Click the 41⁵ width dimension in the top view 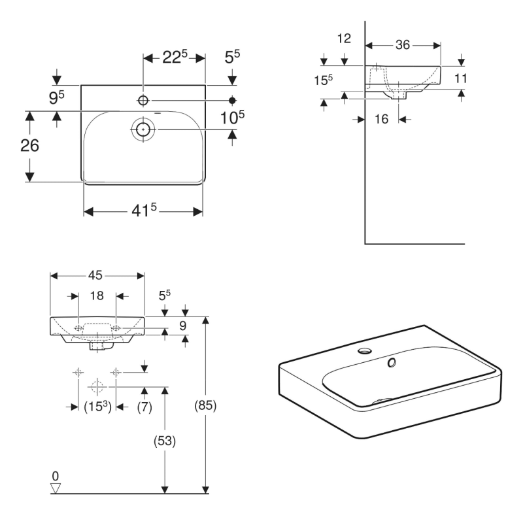click(x=143, y=211)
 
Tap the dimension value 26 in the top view click(x=29, y=145)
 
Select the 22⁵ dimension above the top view click(x=175, y=58)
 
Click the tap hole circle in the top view click(x=143, y=100)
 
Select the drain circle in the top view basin click(x=143, y=129)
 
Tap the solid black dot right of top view click(x=232, y=100)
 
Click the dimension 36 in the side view click(x=403, y=45)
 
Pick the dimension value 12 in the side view click(x=343, y=39)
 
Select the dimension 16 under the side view click(x=382, y=119)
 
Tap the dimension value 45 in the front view click(x=97, y=275)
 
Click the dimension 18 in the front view click(x=97, y=296)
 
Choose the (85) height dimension click(x=206, y=405)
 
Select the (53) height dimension click(x=165, y=441)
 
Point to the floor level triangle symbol click(x=56, y=488)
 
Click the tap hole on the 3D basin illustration click(x=363, y=352)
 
